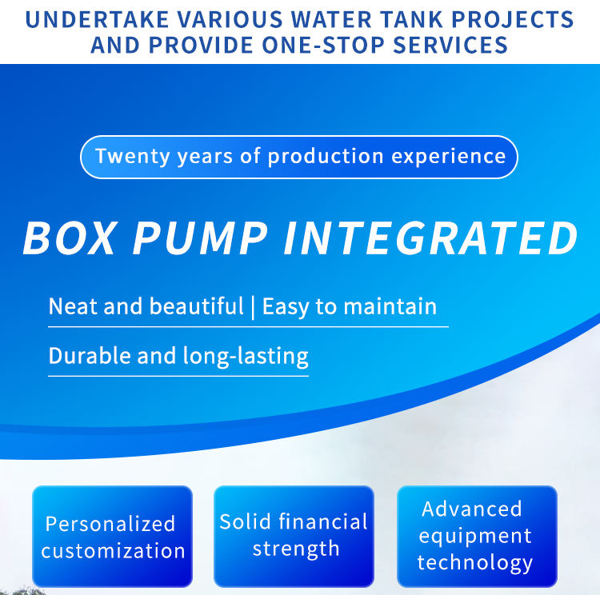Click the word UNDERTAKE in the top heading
click(x=97, y=19)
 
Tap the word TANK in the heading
click(x=411, y=19)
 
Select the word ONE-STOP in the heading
click(x=323, y=45)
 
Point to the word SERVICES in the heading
click(x=450, y=45)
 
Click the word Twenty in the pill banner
click(x=132, y=157)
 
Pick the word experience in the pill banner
click(x=449, y=157)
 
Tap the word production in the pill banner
click(x=326, y=157)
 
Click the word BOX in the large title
click(x=70, y=238)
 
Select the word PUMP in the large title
click(x=199, y=238)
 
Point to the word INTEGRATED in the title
click(x=430, y=238)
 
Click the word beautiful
click(x=196, y=306)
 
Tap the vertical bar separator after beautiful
click(x=253, y=307)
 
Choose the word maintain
click(x=390, y=306)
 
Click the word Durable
click(x=90, y=356)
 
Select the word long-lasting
click(x=246, y=357)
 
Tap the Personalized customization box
click(x=112, y=536)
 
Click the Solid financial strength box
click(x=294, y=536)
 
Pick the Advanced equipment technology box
click(x=477, y=536)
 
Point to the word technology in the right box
click(x=475, y=563)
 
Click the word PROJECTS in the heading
click(x=512, y=19)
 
